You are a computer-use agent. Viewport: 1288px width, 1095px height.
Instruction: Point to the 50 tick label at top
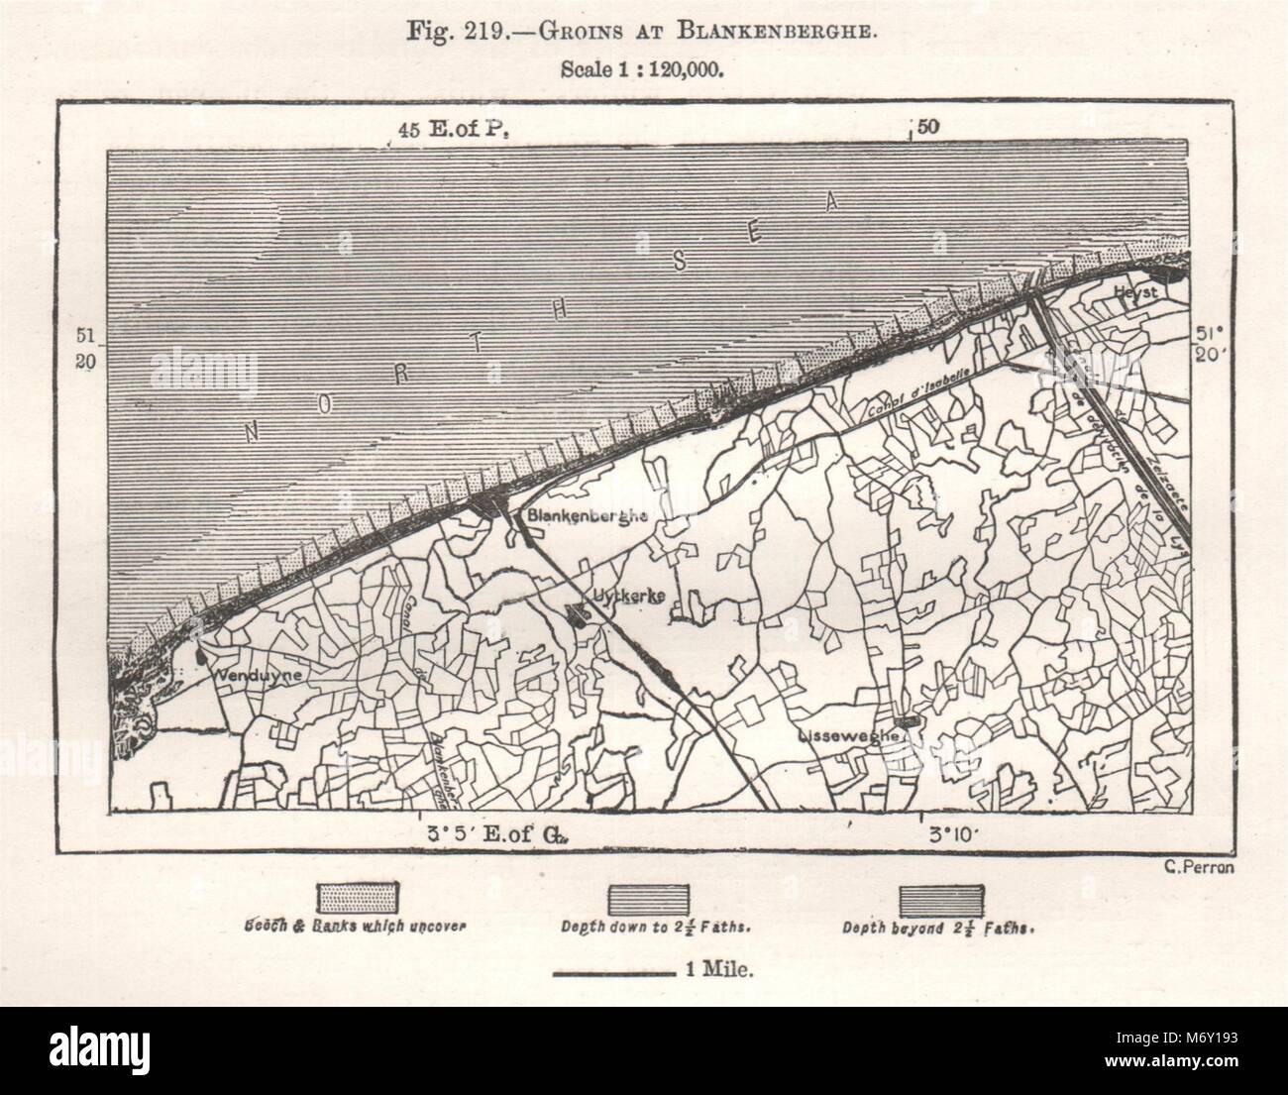(x=928, y=128)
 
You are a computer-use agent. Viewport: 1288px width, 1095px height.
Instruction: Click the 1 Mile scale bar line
(x=612, y=974)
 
